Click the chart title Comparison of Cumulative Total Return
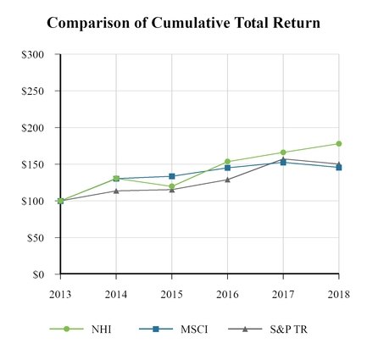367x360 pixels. click(x=183, y=23)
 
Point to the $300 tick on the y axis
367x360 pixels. click(x=34, y=55)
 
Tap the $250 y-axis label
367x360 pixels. click(x=34, y=91)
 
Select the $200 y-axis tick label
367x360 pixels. click(x=34, y=128)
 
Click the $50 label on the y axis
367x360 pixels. click(x=36, y=238)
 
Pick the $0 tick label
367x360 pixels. click(x=39, y=274)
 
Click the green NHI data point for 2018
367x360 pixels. click(x=338, y=144)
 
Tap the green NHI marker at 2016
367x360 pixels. click(x=227, y=162)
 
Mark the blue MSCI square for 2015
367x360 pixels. click(x=171, y=176)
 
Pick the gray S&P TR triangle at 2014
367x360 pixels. click(x=116, y=191)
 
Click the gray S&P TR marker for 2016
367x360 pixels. click(x=227, y=180)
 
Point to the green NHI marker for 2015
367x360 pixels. click(x=171, y=186)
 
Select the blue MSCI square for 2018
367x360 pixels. click(x=338, y=168)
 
